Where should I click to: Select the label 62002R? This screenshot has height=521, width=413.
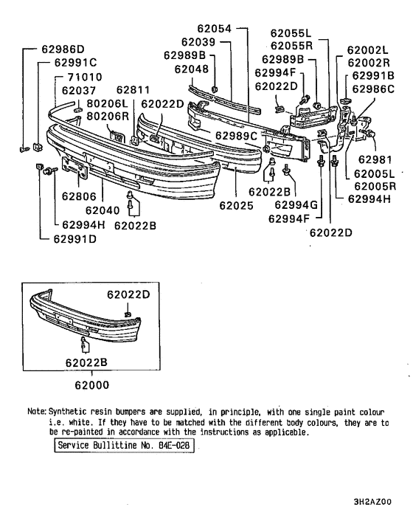coord(367,63)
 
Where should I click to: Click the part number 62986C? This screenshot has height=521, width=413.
coord(373,89)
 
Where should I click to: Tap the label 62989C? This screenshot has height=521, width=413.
coord(237,136)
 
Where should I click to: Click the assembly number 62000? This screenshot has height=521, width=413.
coord(92,384)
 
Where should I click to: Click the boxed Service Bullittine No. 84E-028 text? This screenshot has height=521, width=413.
coord(124,446)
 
